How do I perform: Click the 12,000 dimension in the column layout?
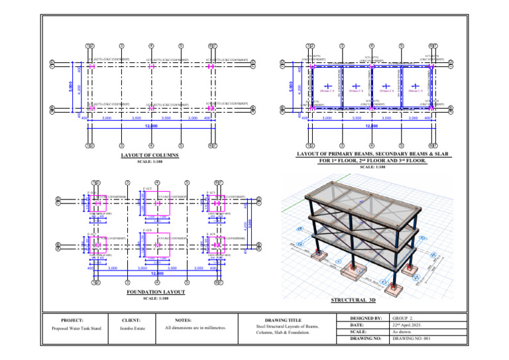151,126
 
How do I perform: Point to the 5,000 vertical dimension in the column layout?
70,86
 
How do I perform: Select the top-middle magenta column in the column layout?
152,66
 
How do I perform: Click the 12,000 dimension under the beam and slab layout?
371,126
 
